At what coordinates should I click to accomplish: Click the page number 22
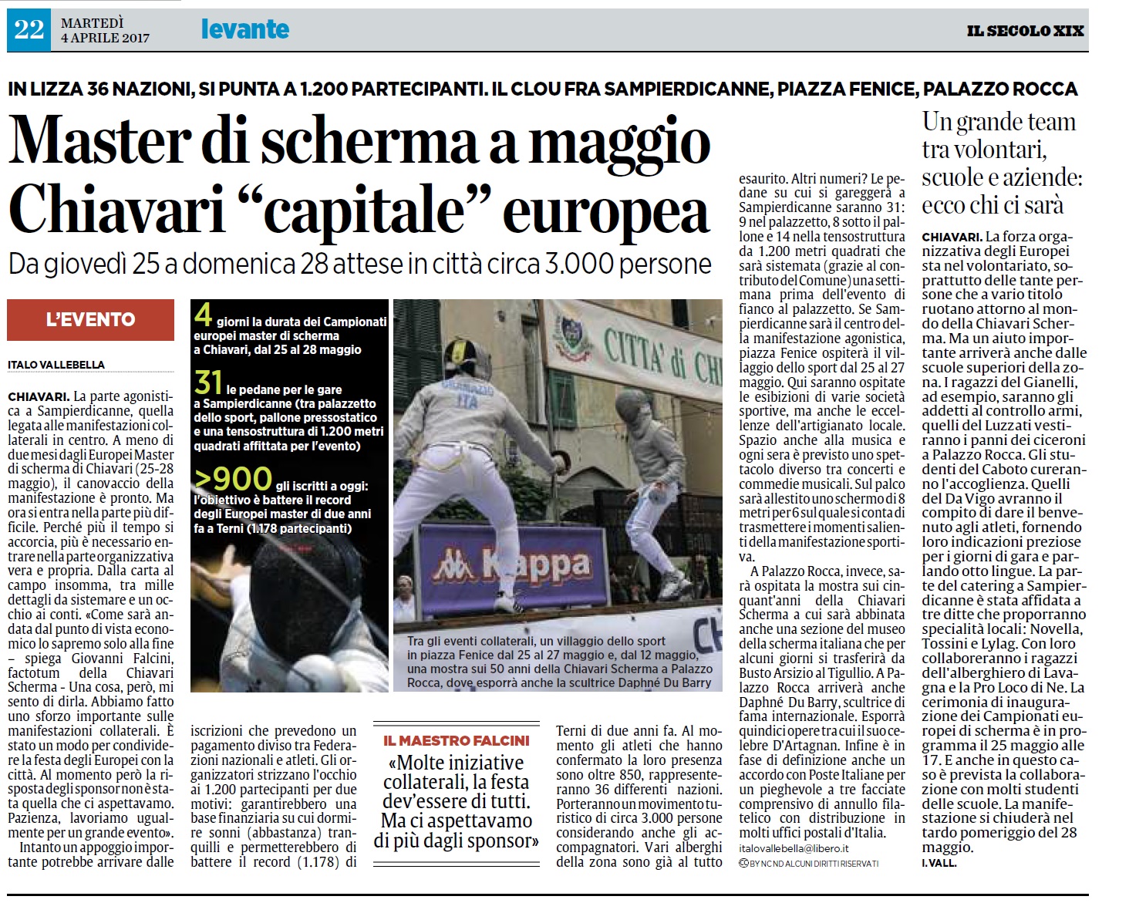(x=29, y=30)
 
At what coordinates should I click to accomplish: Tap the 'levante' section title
(x=244, y=29)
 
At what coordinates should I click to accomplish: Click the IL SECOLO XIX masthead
(x=1025, y=31)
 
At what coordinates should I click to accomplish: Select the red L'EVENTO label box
(x=90, y=319)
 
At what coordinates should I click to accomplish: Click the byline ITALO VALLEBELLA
(x=56, y=365)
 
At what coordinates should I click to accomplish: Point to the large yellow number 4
(x=203, y=315)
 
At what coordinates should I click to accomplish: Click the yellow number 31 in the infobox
(x=208, y=383)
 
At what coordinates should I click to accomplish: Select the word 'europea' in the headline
(x=605, y=210)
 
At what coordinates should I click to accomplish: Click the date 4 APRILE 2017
(x=105, y=38)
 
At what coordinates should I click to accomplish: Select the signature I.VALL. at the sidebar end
(x=939, y=863)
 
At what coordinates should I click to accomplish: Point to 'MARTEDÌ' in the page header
(x=92, y=22)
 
